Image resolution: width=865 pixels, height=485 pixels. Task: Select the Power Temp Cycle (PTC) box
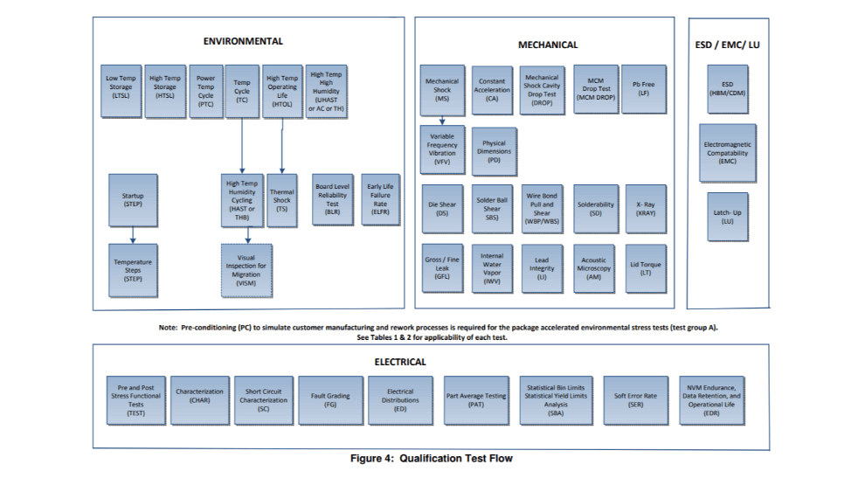pos(205,91)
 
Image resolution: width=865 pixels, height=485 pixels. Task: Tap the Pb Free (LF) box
pos(643,89)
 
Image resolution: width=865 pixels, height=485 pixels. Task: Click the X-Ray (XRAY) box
pos(646,208)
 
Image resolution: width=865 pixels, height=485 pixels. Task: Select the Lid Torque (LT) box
pos(646,267)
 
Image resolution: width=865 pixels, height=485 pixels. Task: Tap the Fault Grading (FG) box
pos(330,399)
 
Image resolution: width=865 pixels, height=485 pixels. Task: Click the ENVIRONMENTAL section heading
pos(243,41)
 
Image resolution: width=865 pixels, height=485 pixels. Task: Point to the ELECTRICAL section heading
pos(400,361)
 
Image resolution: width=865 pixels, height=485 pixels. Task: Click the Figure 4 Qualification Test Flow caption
pos(432,456)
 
